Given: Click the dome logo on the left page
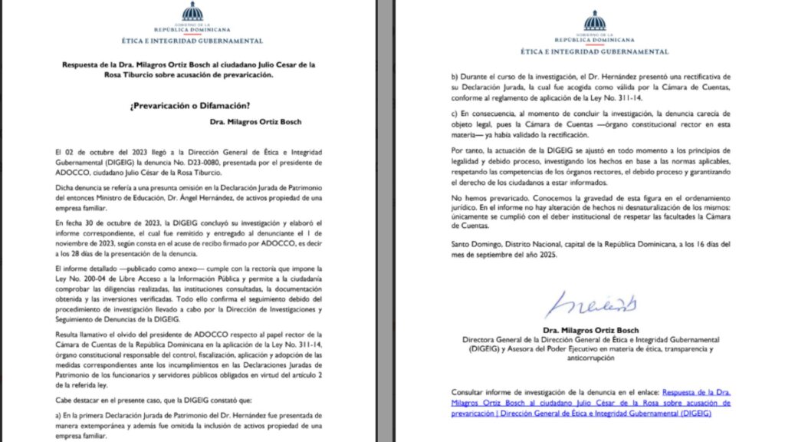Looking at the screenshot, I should point(192,12).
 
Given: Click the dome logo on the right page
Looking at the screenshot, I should point(594,21).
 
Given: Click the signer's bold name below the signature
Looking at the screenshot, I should point(595,330).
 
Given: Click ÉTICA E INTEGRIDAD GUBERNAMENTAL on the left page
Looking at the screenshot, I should point(192,40).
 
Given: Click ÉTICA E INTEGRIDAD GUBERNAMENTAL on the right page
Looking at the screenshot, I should point(594,51).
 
